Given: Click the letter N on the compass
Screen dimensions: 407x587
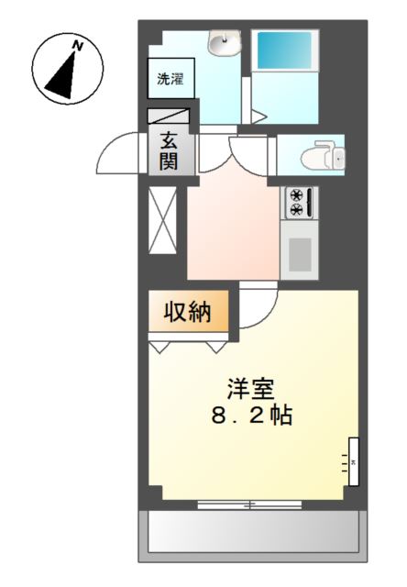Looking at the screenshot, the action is (x=78, y=46).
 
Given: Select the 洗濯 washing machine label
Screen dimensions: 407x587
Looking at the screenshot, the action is (x=170, y=79).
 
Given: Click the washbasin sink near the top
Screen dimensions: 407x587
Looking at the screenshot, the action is (x=225, y=42).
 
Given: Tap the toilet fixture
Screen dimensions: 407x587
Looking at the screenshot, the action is (x=324, y=155).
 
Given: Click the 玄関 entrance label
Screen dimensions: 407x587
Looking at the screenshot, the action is (x=169, y=151).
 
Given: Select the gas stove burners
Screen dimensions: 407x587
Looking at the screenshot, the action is (x=299, y=203).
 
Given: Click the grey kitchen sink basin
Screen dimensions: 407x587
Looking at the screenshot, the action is (x=300, y=255).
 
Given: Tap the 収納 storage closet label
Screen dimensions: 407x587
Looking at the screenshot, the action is (x=188, y=311).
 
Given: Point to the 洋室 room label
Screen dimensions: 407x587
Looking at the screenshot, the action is (x=251, y=389).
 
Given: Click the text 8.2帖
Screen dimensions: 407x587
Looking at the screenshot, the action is (x=252, y=415).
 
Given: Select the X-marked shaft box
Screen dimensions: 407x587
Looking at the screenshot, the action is (x=162, y=220).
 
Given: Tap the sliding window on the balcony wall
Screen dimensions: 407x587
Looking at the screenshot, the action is (x=249, y=505).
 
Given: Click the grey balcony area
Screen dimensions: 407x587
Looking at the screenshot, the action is (x=253, y=536).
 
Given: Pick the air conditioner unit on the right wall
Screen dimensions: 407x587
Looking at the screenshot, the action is (x=354, y=461).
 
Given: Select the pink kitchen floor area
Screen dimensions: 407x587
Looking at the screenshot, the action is (x=234, y=232).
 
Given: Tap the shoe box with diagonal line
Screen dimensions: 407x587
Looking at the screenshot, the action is (x=169, y=116).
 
